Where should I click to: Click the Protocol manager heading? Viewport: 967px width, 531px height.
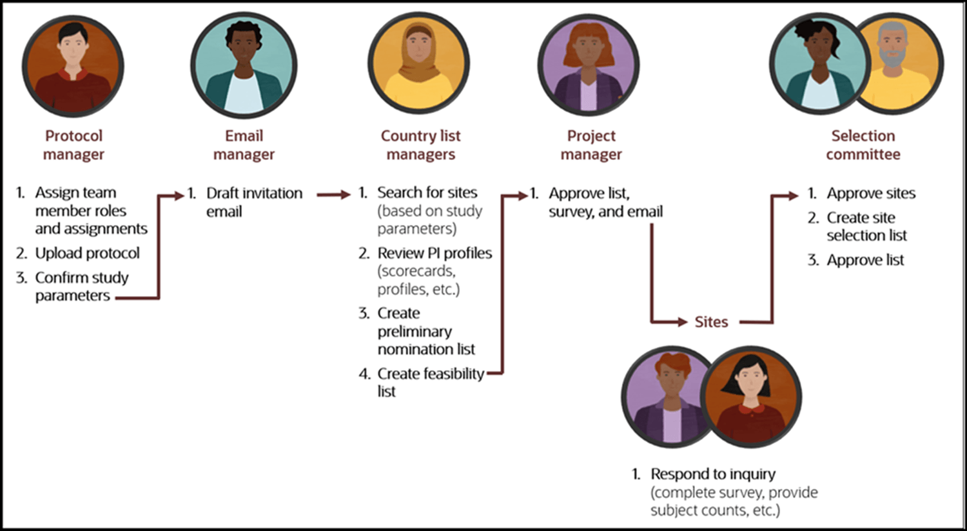click(73, 145)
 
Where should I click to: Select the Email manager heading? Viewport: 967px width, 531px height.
click(244, 145)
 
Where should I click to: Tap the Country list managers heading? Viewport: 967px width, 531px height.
click(420, 145)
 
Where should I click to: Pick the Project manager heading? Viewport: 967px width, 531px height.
click(591, 145)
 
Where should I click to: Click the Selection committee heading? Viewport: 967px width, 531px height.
click(863, 145)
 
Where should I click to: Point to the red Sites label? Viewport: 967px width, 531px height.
click(711, 322)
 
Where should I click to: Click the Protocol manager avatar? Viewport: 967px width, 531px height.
click(73, 66)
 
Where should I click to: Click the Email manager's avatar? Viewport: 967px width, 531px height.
click(244, 65)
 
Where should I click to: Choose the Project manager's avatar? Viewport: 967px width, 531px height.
click(589, 65)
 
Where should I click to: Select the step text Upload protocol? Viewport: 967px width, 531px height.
click(87, 253)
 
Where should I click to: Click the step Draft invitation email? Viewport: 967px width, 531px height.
click(253, 202)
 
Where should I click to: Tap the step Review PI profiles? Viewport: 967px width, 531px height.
click(434, 253)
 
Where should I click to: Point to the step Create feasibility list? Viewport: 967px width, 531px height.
click(430, 374)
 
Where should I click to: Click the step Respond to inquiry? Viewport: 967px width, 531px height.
click(712, 474)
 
